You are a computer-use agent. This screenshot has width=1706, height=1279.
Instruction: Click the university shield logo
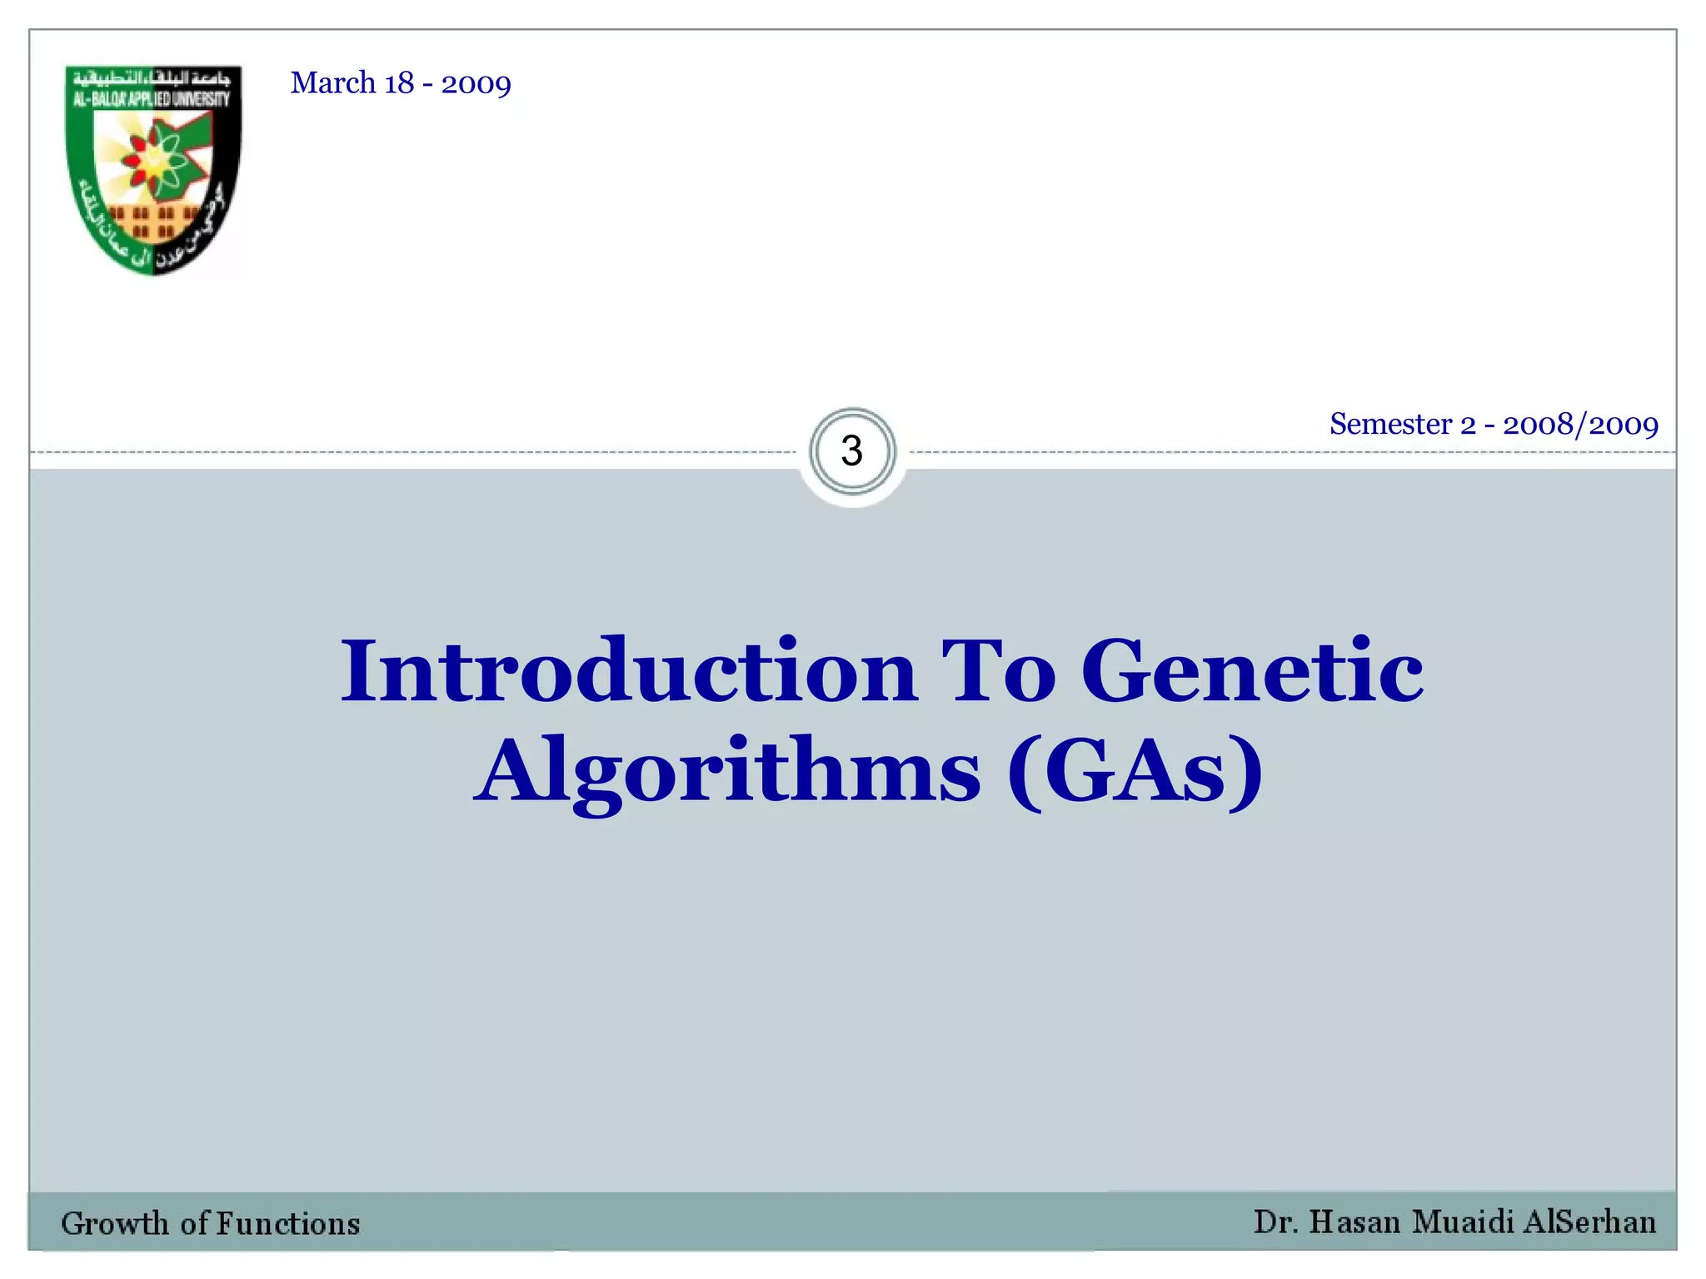[153, 170]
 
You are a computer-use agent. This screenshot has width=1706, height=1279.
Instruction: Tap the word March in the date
[333, 83]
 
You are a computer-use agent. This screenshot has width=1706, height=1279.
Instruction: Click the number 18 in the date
[399, 83]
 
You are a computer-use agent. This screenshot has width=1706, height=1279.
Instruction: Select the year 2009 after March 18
[476, 84]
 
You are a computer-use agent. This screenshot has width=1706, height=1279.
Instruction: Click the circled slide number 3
[852, 451]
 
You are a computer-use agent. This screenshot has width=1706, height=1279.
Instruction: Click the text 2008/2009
[1580, 425]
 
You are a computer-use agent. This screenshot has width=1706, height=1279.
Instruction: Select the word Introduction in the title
[629, 671]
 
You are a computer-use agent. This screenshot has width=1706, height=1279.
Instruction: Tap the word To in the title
[998, 671]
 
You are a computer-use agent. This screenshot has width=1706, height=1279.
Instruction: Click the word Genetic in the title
[1252, 671]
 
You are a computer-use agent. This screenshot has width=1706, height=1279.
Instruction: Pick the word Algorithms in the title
[729, 771]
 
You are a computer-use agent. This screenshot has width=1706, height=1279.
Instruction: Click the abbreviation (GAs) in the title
[1135, 771]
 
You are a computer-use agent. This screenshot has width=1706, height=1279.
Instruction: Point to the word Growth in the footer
[115, 1223]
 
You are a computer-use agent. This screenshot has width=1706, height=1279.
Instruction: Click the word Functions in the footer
[288, 1223]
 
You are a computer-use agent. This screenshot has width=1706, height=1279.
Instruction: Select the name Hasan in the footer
[1354, 1222]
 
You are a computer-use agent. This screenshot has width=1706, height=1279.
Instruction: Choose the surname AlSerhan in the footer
[1589, 1222]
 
